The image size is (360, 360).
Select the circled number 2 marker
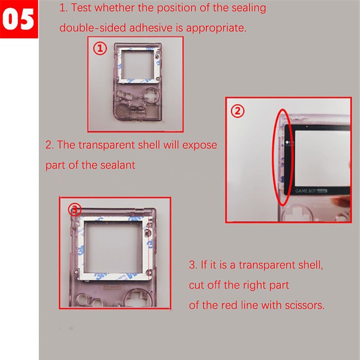coord(237,111)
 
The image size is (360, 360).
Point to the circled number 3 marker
coord(75,209)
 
